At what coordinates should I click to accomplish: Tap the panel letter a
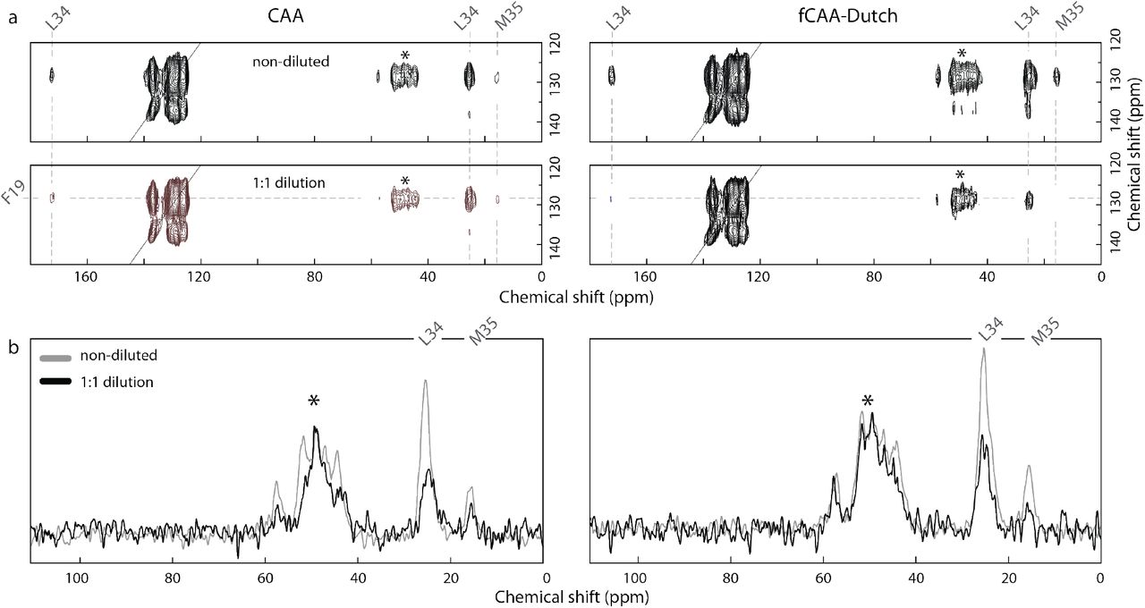(x=13, y=16)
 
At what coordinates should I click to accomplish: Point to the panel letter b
(x=13, y=346)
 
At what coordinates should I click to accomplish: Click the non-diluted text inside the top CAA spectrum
(x=290, y=62)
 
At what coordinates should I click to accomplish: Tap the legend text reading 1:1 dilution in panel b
(x=115, y=382)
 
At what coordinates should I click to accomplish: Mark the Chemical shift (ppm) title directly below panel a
(x=568, y=296)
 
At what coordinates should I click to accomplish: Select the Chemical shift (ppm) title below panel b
(x=568, y=595)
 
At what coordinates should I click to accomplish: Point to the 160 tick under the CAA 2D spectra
(x=87, y=278)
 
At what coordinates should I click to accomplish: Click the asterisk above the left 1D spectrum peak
(x=314, y=402)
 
